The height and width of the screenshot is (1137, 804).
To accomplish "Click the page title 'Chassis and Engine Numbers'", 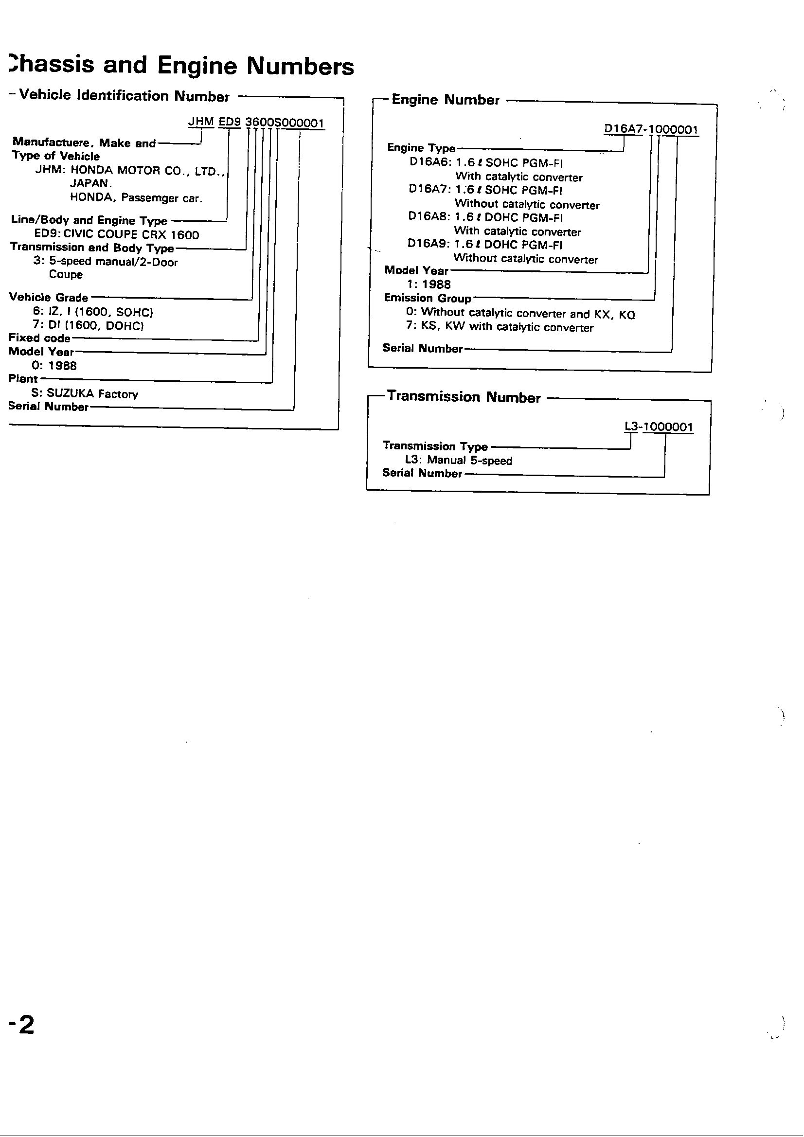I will point(181,66).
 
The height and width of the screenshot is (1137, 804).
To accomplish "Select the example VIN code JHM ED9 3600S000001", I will point(256,123).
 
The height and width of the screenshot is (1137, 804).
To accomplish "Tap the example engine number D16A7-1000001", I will point(651,130).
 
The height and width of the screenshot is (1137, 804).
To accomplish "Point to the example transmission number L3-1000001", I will point(659,427).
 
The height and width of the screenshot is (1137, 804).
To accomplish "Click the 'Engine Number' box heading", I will point(446,100).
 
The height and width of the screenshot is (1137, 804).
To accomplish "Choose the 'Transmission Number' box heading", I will point(464,397).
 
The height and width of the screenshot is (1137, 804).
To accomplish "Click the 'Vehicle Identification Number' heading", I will point(125,96).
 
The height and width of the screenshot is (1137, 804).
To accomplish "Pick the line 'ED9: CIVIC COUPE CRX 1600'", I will point(116,235).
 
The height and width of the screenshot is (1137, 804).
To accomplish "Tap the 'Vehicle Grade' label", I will point(49,297).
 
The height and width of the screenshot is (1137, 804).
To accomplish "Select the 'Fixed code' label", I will point(39,338).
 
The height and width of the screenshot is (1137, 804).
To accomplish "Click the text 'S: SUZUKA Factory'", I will point(85,394).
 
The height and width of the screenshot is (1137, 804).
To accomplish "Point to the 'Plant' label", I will point(23,379).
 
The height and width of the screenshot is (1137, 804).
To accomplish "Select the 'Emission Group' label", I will point(428,298).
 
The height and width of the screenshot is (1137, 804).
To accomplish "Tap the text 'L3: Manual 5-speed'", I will point(458,460).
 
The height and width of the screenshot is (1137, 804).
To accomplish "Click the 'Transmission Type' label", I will point(435,445).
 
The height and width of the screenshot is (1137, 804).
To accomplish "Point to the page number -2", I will point(21,1025).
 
